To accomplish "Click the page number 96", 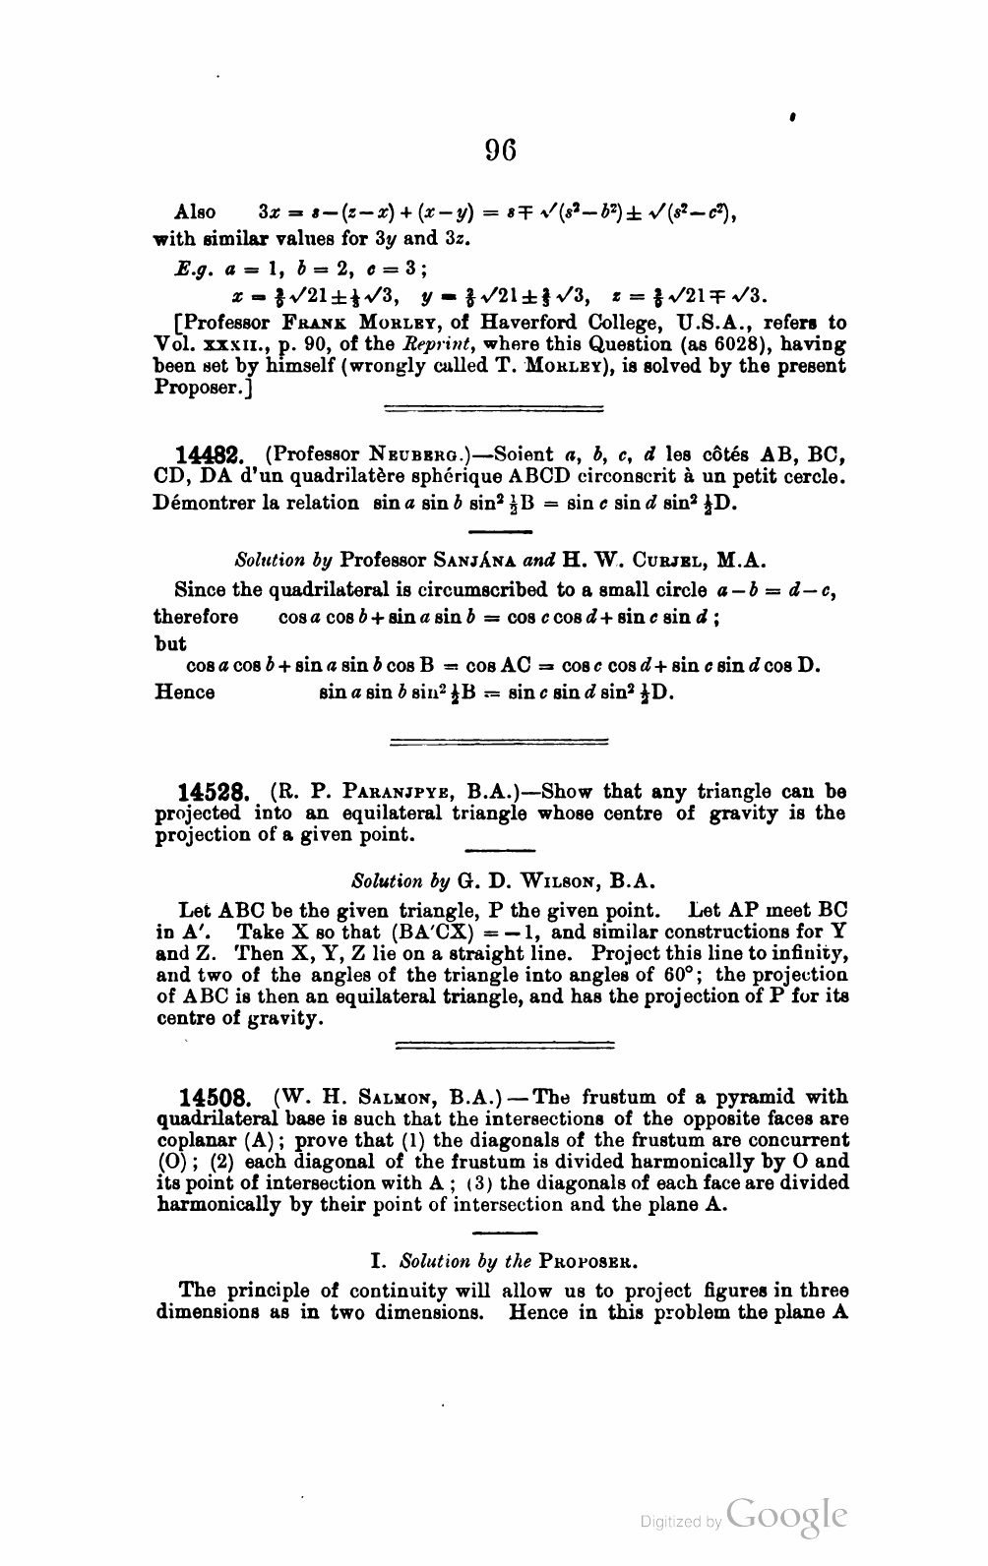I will point(500,151).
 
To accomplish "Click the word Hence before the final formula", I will point(185,692).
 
